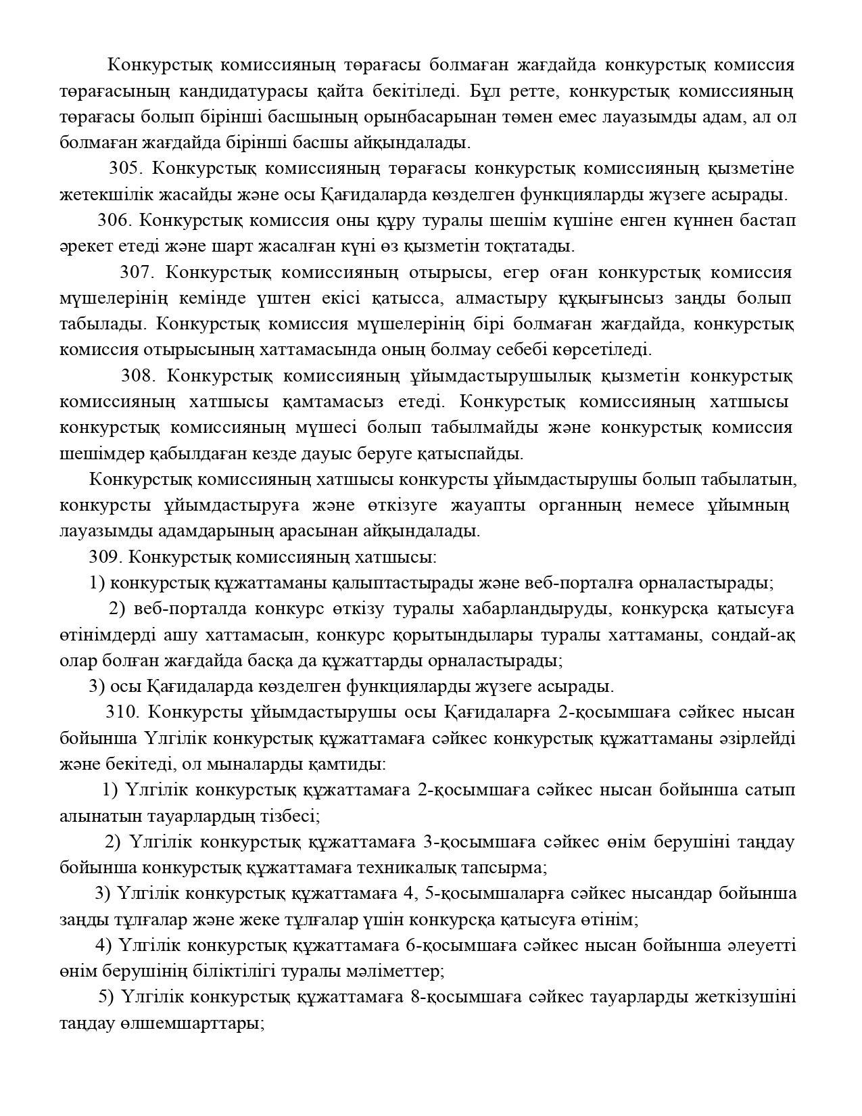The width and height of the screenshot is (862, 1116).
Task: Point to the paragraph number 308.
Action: point(138,376)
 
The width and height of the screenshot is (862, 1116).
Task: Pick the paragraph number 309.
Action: point(105,557)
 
